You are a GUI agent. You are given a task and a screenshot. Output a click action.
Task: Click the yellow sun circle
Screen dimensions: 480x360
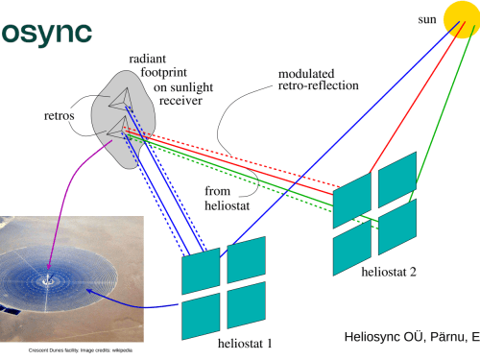click(462, 19)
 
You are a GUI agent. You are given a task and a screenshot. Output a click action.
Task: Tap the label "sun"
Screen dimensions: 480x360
click(427, 19)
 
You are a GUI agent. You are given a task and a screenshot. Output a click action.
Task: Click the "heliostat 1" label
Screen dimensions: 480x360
click(245, 344)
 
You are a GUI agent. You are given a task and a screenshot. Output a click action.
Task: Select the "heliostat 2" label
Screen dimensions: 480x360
click(389, 272)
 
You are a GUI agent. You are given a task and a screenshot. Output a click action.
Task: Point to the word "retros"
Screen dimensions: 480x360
click(60, 115)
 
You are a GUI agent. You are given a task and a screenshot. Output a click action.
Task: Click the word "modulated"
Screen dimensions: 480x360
click(306, 74)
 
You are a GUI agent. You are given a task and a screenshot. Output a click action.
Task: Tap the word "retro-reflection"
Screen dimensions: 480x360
click(319, 85)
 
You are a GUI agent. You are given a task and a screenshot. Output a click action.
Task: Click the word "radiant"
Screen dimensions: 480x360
click(148, 59)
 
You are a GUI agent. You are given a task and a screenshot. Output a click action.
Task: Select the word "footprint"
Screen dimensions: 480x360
click(163, 73)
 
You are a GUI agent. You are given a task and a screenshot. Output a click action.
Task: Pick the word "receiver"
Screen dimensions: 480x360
click(180, 101)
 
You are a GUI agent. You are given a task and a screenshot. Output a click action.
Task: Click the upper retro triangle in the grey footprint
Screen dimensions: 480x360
click(122, 99)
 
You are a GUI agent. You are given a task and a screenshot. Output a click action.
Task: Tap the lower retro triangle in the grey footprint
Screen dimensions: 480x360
click(118, 128)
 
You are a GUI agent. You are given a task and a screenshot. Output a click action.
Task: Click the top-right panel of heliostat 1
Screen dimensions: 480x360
click(247, 260)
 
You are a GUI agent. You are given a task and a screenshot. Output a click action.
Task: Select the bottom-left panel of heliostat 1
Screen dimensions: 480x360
click(201, 316)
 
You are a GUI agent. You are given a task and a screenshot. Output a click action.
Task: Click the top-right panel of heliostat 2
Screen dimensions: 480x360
click(397, 180)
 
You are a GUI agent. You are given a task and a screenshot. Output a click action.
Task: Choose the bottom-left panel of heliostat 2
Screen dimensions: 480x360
click(352, 248)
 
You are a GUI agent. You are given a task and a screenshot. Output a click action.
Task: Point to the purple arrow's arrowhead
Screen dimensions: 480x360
click(49, 266)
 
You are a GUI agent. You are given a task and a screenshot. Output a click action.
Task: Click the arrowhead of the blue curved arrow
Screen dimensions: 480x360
click(90, 291)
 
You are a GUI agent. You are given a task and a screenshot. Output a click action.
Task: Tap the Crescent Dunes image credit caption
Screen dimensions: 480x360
click(81, 350)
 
